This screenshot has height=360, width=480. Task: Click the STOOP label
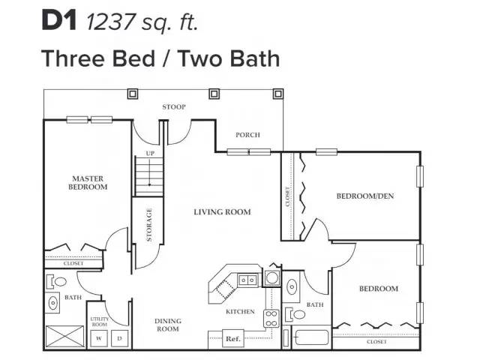[x=174, y=107]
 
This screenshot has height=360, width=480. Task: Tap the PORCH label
[x=247, y=135]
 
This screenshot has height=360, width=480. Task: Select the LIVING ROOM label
[x=222, y=211]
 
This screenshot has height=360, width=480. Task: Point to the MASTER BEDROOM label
[x=88, y=183]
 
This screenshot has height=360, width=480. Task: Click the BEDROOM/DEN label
[x=365, y=196]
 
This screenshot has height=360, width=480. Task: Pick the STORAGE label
[x=149, y=225]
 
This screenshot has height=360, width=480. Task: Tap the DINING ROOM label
[x=168, y=325]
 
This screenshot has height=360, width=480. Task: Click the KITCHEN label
[x=240, y=312]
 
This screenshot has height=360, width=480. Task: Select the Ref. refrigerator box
[x=233, y=338]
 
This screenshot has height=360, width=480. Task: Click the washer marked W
[x=99, y=338]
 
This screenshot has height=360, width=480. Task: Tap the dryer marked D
[x=120, y=338]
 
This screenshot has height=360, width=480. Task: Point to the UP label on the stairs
[x=150, y=153]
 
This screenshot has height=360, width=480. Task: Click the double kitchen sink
[x=247, y=280]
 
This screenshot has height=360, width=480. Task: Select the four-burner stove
[x=271, y=318]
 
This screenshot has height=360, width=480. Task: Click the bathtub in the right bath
[x=311, y=337]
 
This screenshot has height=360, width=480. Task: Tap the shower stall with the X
[x=65, y=337]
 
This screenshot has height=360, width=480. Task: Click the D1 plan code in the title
[x=58, y=21]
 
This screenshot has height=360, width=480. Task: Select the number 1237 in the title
[x=110, y=22]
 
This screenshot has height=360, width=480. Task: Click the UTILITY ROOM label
[x=100, y=322]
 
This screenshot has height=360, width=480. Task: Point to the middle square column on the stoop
[x=214, y=94]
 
